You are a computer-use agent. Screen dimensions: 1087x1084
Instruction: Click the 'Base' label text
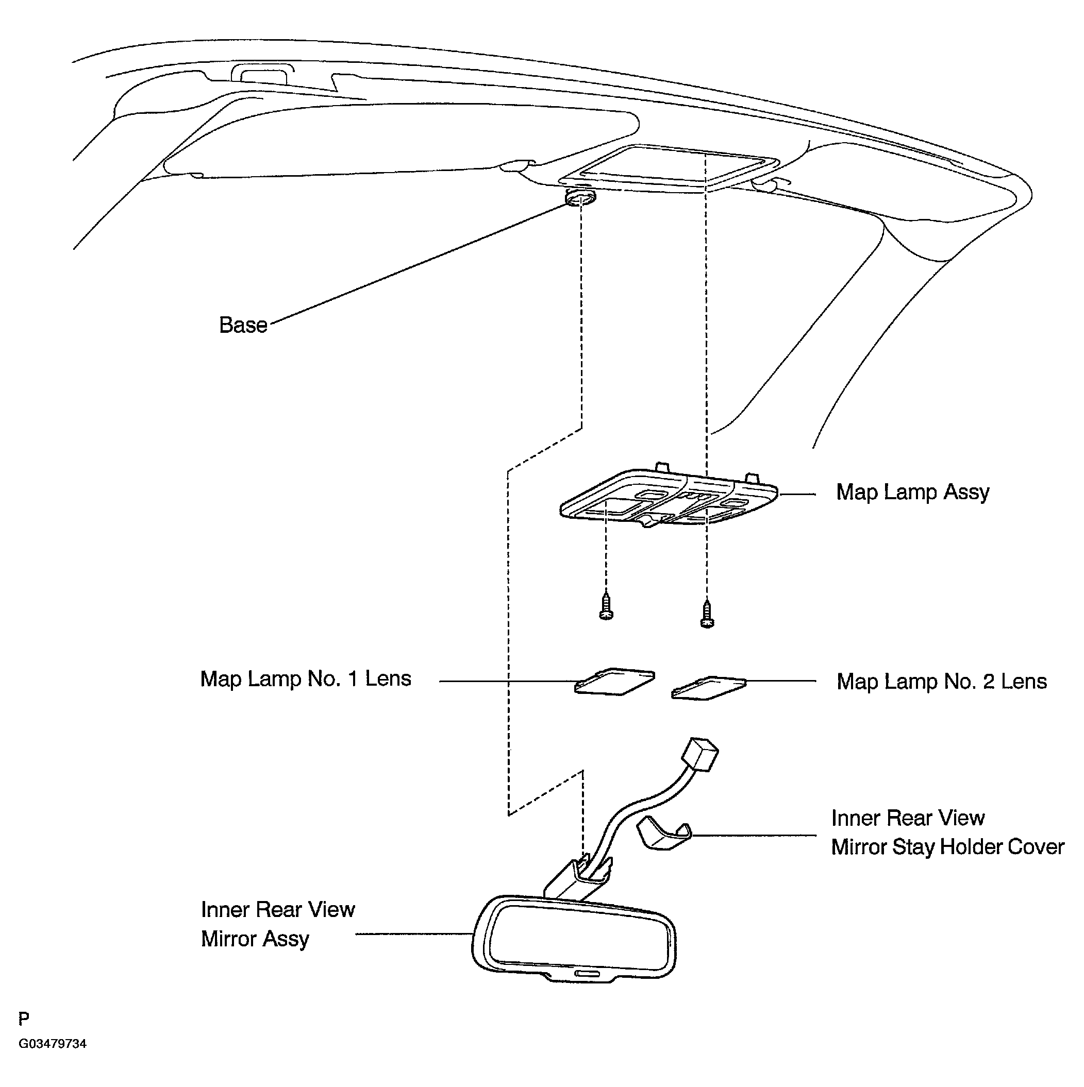243,325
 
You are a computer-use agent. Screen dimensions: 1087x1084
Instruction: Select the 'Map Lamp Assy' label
912,492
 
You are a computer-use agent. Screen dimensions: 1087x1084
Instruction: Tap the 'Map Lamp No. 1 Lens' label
306,679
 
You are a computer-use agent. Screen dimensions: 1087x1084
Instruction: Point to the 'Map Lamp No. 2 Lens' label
941,682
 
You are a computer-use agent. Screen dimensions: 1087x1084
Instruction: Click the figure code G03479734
53,1044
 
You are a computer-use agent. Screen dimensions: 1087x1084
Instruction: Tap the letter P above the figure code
24,1018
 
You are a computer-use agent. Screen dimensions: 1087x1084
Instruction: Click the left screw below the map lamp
606,606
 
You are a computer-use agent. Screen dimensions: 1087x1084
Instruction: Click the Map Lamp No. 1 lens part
614,682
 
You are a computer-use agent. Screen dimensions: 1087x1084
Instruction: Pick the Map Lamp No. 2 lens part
709,688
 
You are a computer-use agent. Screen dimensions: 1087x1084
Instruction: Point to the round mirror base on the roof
580,199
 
